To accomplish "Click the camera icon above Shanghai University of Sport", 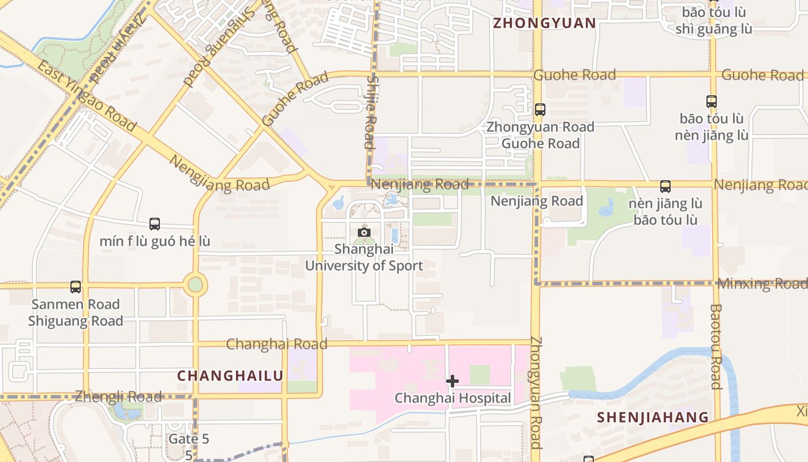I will click(364, 232).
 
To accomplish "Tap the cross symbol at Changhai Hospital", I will click(452, 381).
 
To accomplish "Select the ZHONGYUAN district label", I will click(544, 23).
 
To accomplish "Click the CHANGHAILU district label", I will click(230, 376).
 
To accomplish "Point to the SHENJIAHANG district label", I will click(653, 417).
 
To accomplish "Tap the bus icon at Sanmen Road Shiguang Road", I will click(76, 287).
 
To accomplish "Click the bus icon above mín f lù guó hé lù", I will click(155, 224).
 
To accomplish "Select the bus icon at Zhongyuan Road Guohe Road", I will click(540, 109).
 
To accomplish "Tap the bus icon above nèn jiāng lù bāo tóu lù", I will click(665, 187).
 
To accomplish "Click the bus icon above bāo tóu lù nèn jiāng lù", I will click(712, 102).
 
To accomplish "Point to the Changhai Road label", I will click(276, 344).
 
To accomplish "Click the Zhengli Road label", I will click(118, 397).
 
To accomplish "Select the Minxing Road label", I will click(762, 284).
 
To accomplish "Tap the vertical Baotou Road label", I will click(716, 346).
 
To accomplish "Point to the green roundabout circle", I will click(196, 285).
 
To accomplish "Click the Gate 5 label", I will click(189, 439).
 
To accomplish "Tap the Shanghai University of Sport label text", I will click(364, 258).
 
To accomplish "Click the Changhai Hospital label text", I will click(452, 398).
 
